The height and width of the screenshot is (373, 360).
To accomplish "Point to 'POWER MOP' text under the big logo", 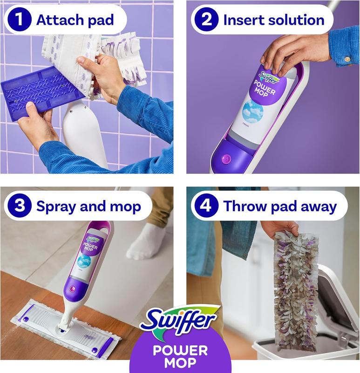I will pyautogui.click(x=180, y=357).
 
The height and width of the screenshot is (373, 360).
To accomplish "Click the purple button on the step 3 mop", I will pyautogui.click(x=72, y=289).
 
